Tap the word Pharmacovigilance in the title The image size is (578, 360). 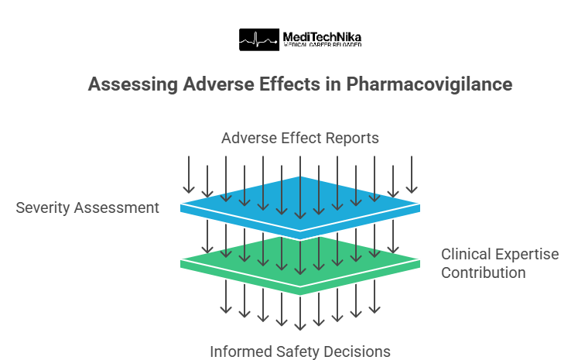(429, 84)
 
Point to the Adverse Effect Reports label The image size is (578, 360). (300, 139)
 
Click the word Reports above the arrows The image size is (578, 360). (352, 139)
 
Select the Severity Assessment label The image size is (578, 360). (87, 207)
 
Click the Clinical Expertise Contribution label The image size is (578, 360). (499, 263)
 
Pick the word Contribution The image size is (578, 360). (484, 273)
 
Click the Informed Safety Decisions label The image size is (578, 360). (300, 351)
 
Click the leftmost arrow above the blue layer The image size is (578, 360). (188, 174)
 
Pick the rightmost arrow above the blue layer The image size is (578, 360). (412, 174)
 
